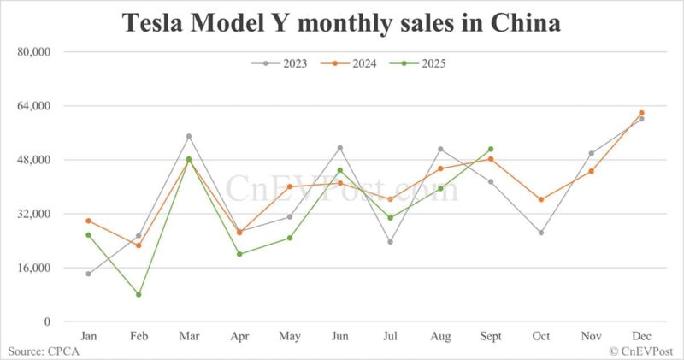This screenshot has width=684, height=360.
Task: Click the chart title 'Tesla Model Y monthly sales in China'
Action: pyautogui.click(x=342, y=23)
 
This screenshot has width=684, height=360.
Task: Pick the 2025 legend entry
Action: pyautogui.click(x=416, y=62)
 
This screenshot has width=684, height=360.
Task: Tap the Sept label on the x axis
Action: pyautogui.click(x=490, y=335)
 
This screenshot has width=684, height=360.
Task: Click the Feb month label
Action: pyautogui.click(x=139, y=335)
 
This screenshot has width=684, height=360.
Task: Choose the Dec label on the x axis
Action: pyautogui.click(x=641, y=335)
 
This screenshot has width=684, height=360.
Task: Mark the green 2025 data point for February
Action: pyautogui.click(x=139, y=294)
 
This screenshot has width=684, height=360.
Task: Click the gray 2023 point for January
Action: pyautogui.click(x=88, y=274)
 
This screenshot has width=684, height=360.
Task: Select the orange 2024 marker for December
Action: pyautogui.click(x=641, y=113)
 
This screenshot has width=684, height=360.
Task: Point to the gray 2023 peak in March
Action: pyautogui.click(x=189, y=136)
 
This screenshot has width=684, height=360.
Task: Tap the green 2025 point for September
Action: pyautogui.click(x=491, y=149)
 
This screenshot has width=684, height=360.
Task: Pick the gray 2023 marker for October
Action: pyautogui.click(x=540, y=233)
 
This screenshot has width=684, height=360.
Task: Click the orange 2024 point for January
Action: pyautogui.click(x=88, y=221)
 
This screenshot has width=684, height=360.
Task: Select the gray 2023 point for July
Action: pyautogui.click(x=390, y=242)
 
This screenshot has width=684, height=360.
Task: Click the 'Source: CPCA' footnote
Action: pyautogui.click(x=40, y=351)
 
